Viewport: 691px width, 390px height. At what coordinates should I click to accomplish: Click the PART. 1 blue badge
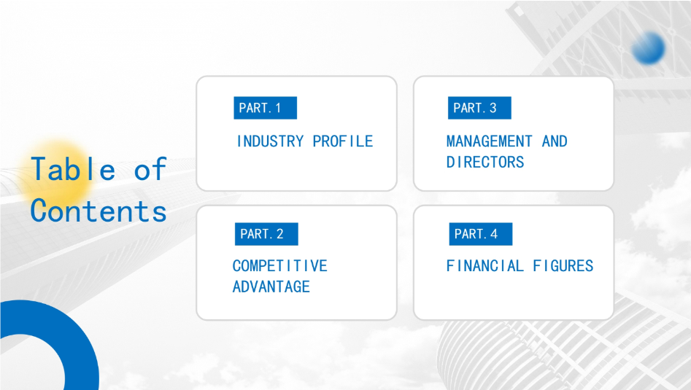click(266, 108)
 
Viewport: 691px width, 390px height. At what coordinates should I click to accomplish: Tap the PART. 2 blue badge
click(266, 234)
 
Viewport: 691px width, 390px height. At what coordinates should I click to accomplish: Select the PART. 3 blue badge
click(479, 108)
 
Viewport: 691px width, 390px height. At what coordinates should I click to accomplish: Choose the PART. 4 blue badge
click(481, 234)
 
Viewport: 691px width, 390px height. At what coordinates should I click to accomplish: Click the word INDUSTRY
click(270, 141)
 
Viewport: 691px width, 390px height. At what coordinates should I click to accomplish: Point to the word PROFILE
click(343, 141)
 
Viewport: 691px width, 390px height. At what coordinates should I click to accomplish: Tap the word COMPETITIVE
click(280, 266)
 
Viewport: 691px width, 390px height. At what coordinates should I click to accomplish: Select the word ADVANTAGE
click(271, 287)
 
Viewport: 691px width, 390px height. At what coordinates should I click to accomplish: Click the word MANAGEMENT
click(489, 141)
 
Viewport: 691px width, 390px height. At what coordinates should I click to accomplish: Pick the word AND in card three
click(555, 141)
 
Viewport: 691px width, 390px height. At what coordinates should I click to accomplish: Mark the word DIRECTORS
click(485, 163)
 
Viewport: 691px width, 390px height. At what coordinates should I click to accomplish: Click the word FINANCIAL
click(485, 266)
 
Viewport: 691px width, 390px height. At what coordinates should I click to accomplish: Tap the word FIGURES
click(563, 266)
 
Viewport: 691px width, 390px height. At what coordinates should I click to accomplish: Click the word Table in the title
click(73, 169)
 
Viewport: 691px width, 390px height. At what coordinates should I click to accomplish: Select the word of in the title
click(150, 169)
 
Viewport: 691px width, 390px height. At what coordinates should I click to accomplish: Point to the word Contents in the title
click(99, 211)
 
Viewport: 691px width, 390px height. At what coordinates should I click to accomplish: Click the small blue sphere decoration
click(648, 48)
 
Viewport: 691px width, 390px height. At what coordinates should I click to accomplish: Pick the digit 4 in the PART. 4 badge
click(494, 234)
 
